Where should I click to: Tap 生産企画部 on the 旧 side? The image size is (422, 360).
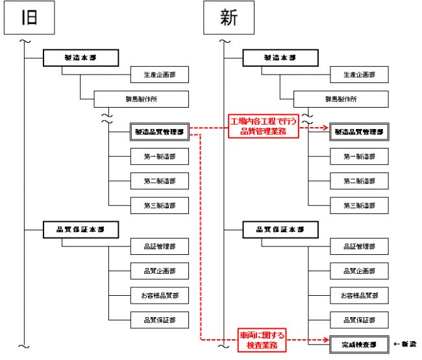[160, 75]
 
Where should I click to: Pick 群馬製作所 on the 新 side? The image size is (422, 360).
[340, 99]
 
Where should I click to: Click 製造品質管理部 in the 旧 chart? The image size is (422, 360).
[160, 131]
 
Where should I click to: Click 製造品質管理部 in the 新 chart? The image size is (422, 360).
[359, 131]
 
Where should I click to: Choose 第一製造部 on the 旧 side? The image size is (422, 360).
[160, 156]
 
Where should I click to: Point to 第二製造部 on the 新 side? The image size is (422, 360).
[359, 180]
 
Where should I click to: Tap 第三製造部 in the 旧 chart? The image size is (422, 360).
[160, 205]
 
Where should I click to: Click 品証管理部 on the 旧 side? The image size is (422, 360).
[160, 246]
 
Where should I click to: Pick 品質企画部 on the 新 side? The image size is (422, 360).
[359, 271]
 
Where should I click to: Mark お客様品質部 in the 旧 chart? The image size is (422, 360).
[160, 296]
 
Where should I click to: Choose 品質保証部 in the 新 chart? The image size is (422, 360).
[359, 320]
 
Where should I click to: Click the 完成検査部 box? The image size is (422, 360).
[359, 343]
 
